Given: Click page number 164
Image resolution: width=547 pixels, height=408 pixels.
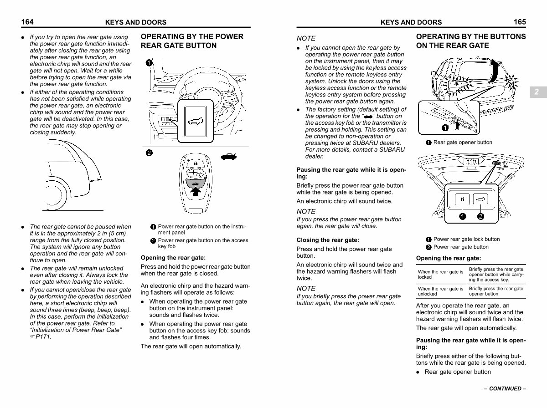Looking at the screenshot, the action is (27, 22).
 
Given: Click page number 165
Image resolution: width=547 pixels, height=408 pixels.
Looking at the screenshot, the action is (520, 22).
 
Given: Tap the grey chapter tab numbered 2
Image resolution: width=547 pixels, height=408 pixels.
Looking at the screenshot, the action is (538, 92).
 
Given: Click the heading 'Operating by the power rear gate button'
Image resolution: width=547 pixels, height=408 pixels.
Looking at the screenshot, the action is (192, 41).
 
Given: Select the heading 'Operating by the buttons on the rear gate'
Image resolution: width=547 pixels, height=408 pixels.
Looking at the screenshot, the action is (471, 41).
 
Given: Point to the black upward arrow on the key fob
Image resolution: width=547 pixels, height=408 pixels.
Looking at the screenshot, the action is (196, 192).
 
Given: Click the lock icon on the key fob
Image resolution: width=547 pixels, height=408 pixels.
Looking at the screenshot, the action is (196, 163).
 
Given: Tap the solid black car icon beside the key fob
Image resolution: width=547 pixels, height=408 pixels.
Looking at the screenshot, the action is (228, 157).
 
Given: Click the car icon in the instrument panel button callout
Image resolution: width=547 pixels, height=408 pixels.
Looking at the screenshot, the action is (196, 121).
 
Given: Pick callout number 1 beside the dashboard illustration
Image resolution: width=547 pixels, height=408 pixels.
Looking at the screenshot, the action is (149, 63).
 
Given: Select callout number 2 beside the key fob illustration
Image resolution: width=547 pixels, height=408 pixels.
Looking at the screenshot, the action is (149, 153).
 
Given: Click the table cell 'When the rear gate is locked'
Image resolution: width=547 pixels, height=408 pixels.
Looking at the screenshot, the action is (441, 274).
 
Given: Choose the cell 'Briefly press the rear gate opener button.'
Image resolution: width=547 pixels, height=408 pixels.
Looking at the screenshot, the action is (496, 291).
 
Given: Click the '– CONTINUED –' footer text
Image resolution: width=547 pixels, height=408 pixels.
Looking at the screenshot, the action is (505, 388).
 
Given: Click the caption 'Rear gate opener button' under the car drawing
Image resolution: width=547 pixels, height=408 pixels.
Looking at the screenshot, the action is (463, 143).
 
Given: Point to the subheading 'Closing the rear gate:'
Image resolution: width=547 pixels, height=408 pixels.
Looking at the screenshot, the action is (328, 240).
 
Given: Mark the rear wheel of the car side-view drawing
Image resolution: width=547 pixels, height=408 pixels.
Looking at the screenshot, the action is (57, 194).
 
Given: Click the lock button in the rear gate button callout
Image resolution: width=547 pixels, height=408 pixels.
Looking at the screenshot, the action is (462, 199).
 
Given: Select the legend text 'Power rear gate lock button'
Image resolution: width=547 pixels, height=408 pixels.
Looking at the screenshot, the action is (466, 239).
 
